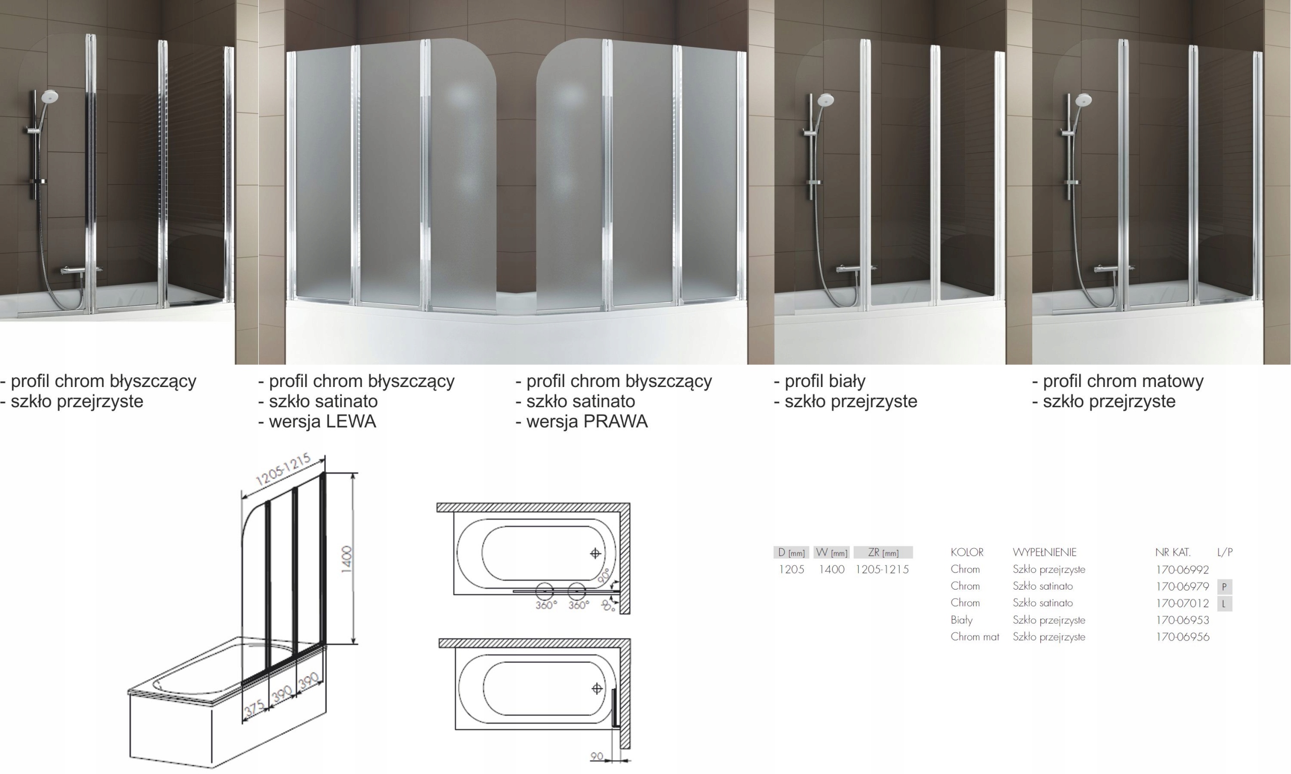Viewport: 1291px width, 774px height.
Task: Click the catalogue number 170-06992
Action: click(1182, 569)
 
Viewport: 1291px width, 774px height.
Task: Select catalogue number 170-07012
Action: click(1182, 603)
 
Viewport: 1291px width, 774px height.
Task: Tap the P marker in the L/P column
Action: click(1224, 587)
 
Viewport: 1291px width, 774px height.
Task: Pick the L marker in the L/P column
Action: click(1224, 604)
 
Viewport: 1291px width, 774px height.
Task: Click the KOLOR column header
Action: click(967, 552)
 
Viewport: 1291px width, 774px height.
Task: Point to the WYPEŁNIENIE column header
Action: click(1044, 552)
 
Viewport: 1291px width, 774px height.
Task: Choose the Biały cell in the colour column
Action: click(961, 620)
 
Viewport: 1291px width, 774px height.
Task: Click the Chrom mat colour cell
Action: click(974, 637)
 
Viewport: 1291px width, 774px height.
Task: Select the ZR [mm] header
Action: click(883, 553)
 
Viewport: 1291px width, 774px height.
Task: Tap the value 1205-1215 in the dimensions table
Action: click(882, 569)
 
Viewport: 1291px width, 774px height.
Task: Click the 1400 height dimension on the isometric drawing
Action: click(346, 559)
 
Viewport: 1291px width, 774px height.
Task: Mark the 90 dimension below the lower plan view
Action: click(597, 756)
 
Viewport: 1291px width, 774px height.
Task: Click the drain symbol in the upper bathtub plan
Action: click(596, 553)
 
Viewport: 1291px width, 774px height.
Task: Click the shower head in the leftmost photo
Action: click(49, 96)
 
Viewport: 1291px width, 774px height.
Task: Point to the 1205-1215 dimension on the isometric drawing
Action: click(284, 470)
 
